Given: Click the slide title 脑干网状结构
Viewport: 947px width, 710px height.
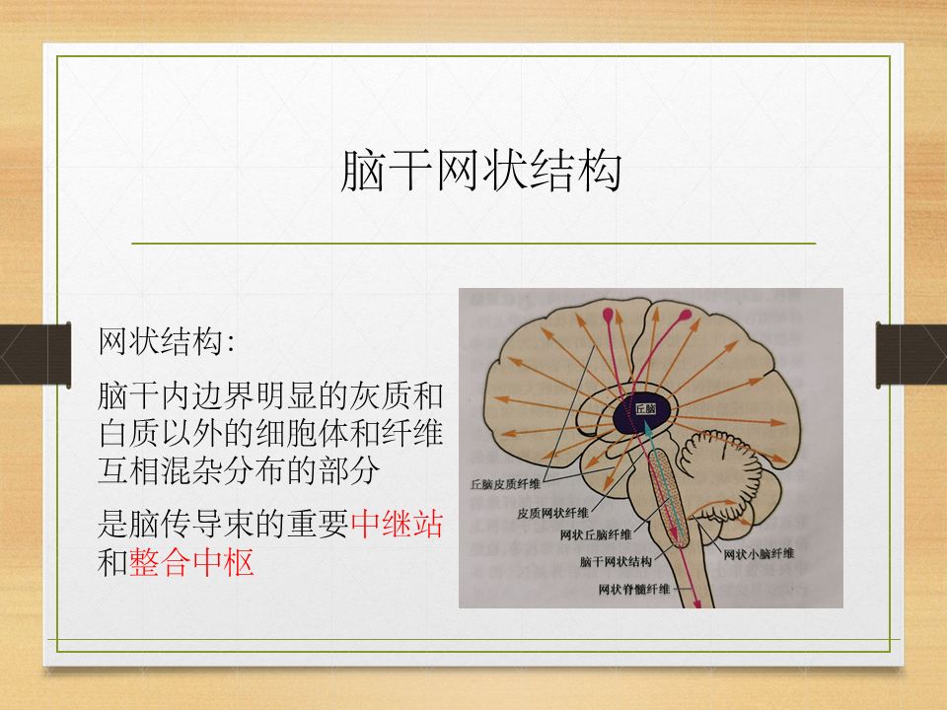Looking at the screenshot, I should click(x=480, y=171).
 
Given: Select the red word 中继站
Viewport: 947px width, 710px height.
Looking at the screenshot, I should click(x=397, y=525).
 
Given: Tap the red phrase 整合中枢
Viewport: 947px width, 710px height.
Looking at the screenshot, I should click(x=191, y=563).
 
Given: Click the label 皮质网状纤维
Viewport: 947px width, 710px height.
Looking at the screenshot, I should click(x=553, y=513).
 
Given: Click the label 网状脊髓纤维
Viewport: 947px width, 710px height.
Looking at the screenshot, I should click(x=633, y=589).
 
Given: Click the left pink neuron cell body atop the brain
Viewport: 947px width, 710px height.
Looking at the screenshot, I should click(x=608, y=317).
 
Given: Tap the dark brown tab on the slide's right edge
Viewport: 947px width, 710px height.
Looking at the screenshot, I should click(x=911, y=355).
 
